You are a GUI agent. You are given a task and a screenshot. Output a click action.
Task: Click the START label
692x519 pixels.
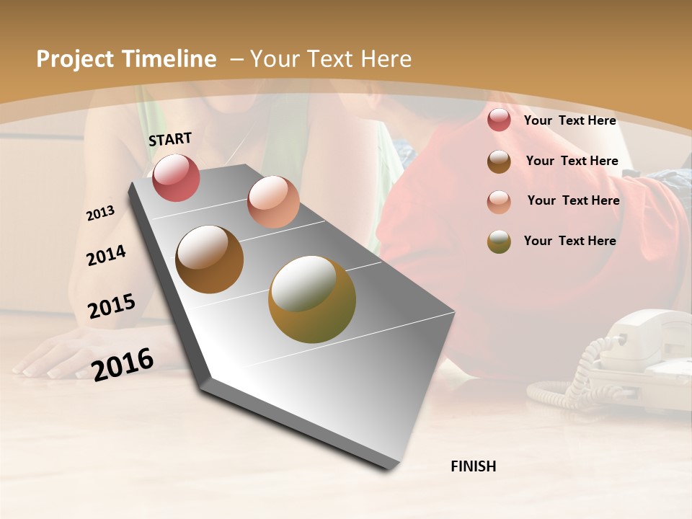170,139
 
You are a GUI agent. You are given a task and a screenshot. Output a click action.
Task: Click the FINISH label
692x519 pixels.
473,466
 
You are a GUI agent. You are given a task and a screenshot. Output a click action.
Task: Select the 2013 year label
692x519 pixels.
100,213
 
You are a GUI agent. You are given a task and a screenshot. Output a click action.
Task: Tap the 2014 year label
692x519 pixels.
106,255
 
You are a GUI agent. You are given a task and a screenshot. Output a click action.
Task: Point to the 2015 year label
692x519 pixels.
111,306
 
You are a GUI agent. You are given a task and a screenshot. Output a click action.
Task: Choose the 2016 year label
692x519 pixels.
123,364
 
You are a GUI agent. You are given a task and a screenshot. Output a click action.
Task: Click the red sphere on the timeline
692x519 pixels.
176,177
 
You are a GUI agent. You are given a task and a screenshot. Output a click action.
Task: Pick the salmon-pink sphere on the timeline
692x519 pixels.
273,202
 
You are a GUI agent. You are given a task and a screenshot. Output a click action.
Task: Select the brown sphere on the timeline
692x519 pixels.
209,259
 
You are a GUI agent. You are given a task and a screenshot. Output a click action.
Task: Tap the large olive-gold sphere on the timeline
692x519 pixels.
312,299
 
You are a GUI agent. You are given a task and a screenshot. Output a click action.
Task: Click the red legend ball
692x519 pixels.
499,120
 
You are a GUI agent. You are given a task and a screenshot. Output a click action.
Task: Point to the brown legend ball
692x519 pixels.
499,161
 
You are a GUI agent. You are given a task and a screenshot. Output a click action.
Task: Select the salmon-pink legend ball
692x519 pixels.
499,202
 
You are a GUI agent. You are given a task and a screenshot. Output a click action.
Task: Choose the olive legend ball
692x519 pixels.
499,241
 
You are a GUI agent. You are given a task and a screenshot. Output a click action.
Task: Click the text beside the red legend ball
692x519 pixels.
569,120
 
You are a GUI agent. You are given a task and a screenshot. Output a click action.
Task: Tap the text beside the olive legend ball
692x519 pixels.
569,241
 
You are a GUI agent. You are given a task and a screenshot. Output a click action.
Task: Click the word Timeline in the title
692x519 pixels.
169,59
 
